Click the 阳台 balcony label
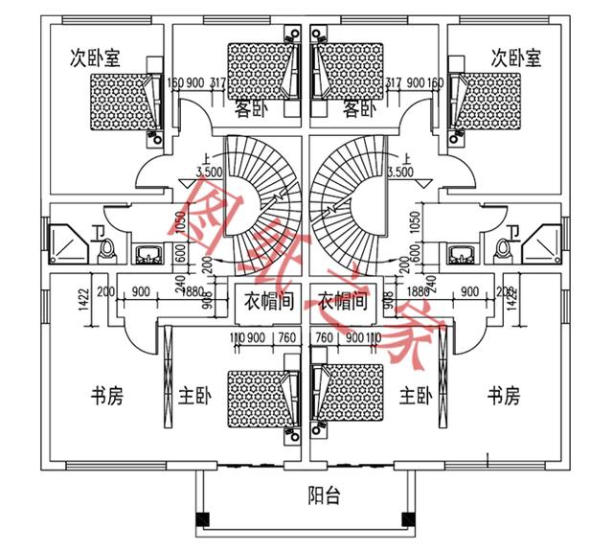[323, 496]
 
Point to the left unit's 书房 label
[106, 395]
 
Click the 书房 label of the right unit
[504, 395]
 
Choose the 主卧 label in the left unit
[194, 395]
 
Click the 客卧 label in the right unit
[357, 108]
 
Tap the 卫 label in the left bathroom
[98, 231]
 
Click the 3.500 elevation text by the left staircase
[209, 173]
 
